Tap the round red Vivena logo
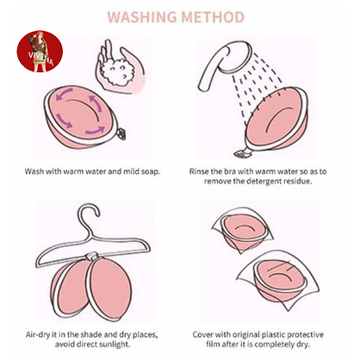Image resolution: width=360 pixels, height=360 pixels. coord(40,52)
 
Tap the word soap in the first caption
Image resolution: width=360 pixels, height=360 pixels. coord(151,171)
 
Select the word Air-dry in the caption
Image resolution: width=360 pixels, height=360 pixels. coord(37,335)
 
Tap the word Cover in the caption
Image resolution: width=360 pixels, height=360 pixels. coord(202,335)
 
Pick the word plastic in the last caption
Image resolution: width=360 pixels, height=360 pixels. coord(274,335)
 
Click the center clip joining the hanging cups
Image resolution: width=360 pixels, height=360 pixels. coord(92,256)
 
